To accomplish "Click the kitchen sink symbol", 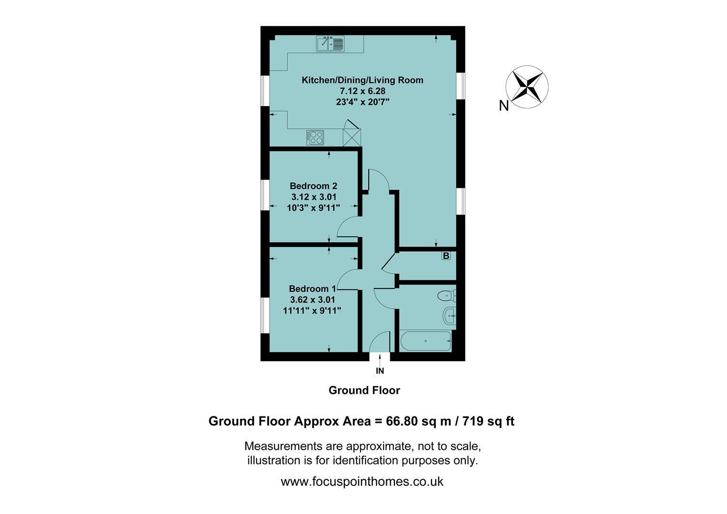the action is click(330, 44).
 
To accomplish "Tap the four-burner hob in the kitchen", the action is click(315, 138).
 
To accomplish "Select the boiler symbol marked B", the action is click(446, 256).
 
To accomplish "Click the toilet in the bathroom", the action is click(447, 296).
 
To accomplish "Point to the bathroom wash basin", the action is click(450, 315).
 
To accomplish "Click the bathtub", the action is click(426, 341).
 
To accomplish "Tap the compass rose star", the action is click(527, 87).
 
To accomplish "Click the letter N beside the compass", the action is click(504, 106).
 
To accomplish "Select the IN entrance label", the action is click(380, 371).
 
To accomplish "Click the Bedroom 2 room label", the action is click(314, 186).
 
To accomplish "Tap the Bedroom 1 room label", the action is click(313, 289).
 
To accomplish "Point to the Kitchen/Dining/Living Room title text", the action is click(363, 80).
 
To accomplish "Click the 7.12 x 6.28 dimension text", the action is click(363, 91).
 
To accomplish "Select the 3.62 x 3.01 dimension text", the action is click(313, 300).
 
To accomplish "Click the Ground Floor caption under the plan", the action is click(364, 390).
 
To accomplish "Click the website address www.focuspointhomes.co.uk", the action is click(362, 482).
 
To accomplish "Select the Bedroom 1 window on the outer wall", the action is click(265, 315).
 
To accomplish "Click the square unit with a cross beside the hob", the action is click(352, 138).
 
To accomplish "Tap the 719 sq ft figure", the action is click(489, 421).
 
